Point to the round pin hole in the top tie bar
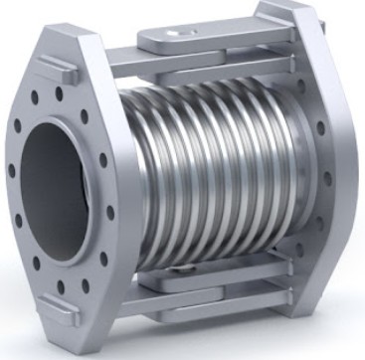179,34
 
